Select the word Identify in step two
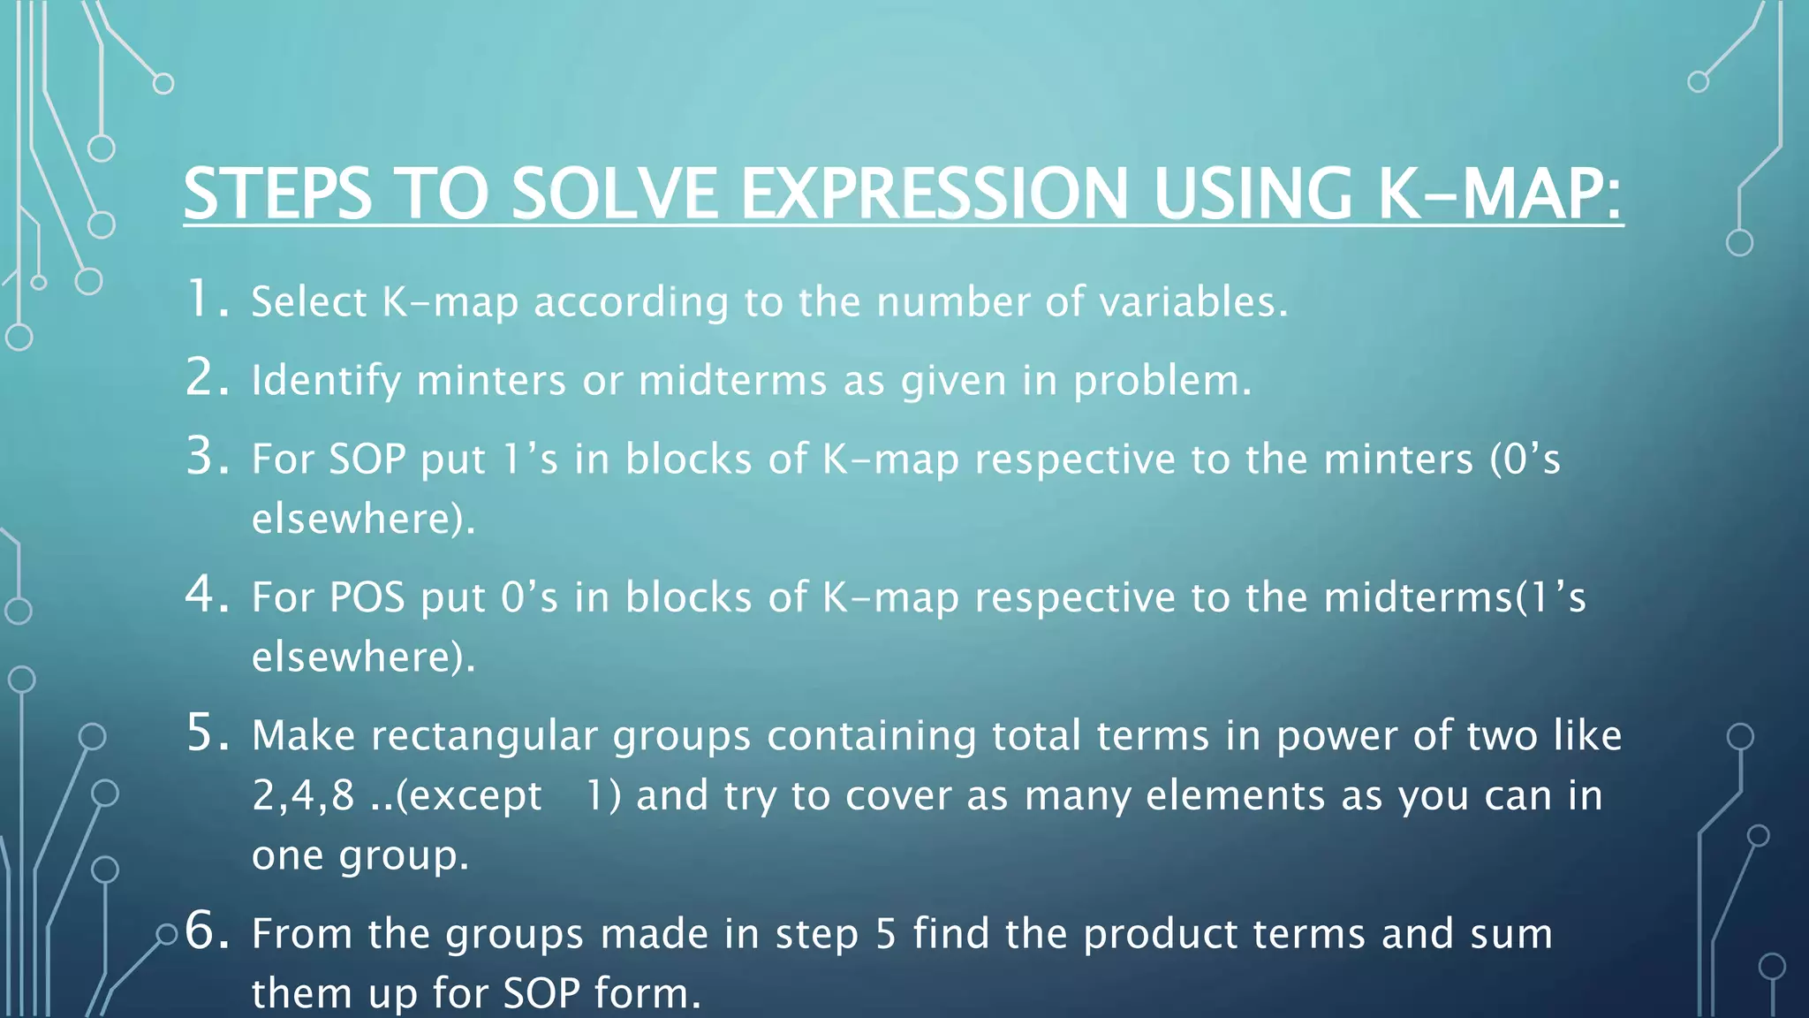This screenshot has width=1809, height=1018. pyautogui.click(x=326, y=381)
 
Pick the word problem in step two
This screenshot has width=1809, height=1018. pyautogui.click(x=1162, y=381)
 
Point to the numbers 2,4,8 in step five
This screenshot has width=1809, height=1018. pyautogui.click(x=303, y=795)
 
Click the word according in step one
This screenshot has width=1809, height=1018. pyautogui.click(x=631, y=302)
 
